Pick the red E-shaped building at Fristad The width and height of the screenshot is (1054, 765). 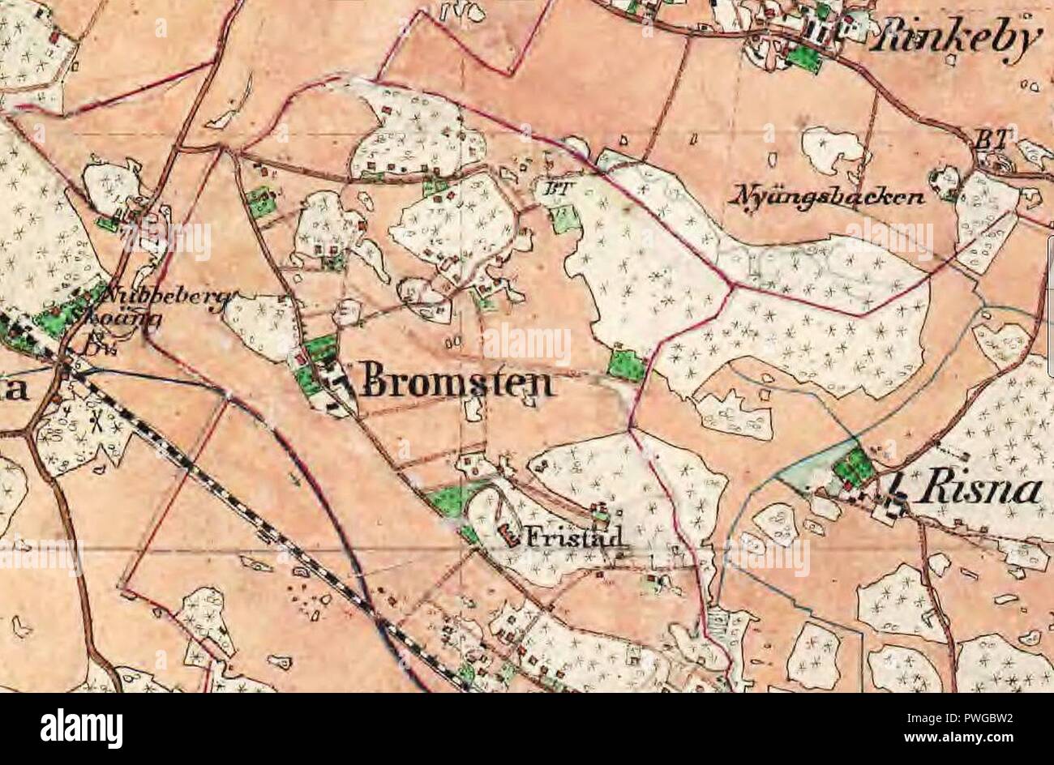pos(508,533)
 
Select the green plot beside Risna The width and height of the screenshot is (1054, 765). pos(855,467)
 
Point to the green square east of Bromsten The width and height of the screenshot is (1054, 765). pos(626,365)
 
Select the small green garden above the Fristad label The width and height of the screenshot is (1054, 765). pos(601,513)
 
